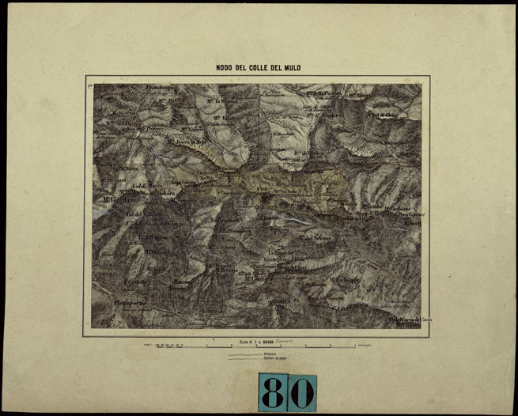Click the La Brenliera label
[x=227, y=219]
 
